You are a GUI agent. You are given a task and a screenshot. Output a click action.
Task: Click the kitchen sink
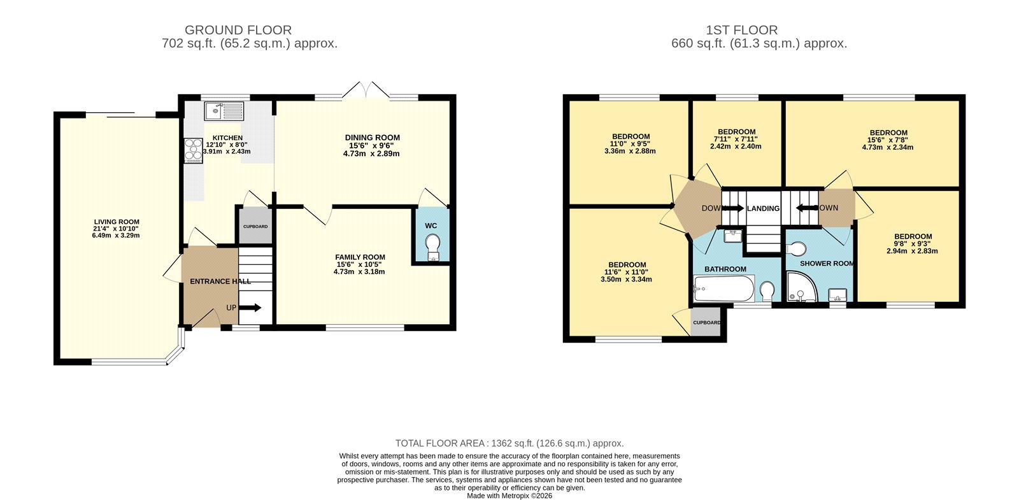pyautogui.click(x=224, y=111)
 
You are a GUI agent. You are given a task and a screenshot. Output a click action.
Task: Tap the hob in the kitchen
pyautogui.click(x=193, y=150)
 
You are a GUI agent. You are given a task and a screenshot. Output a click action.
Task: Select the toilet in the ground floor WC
pyautogui.click(x=433, y=245)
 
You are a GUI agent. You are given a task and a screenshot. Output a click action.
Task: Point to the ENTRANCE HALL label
pyautogui.click(x=220, y=281)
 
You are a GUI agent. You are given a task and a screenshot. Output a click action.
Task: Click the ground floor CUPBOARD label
pyautogui.click(x=255, y=226)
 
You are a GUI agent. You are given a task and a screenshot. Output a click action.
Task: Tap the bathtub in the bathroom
pyautogui.click(x=723, y=289)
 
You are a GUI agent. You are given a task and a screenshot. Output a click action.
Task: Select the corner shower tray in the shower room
pyautogui.click(x=799, y=287)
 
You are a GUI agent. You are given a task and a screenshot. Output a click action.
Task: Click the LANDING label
pyautogui.click(x=763, y=208)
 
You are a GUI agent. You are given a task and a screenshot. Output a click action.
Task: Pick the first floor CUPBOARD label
pyautogui.click(x=706, y=322)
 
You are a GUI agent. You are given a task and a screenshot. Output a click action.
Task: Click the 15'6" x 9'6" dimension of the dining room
pyautogui.click(x=372, y=145)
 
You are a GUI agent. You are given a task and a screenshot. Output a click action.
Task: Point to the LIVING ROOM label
pyautogui.click(x=116, y=222)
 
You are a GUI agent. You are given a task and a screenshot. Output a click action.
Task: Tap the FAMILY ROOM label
pyautogui.click(x=360, y=257)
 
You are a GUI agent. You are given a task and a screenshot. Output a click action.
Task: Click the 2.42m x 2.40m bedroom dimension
pyautogui.click(x=736, y=146)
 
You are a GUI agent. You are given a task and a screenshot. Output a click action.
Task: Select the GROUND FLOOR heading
pyautogui.click(x=238, y=30)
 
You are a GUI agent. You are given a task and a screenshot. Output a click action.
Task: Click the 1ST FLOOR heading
pyautogui.click(x=741, y=30)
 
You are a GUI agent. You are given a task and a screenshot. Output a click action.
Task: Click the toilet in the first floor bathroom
pyautogui.click(x=767, y=292)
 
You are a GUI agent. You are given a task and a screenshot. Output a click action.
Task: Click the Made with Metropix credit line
pyautogui.click(x=509, y=496)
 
